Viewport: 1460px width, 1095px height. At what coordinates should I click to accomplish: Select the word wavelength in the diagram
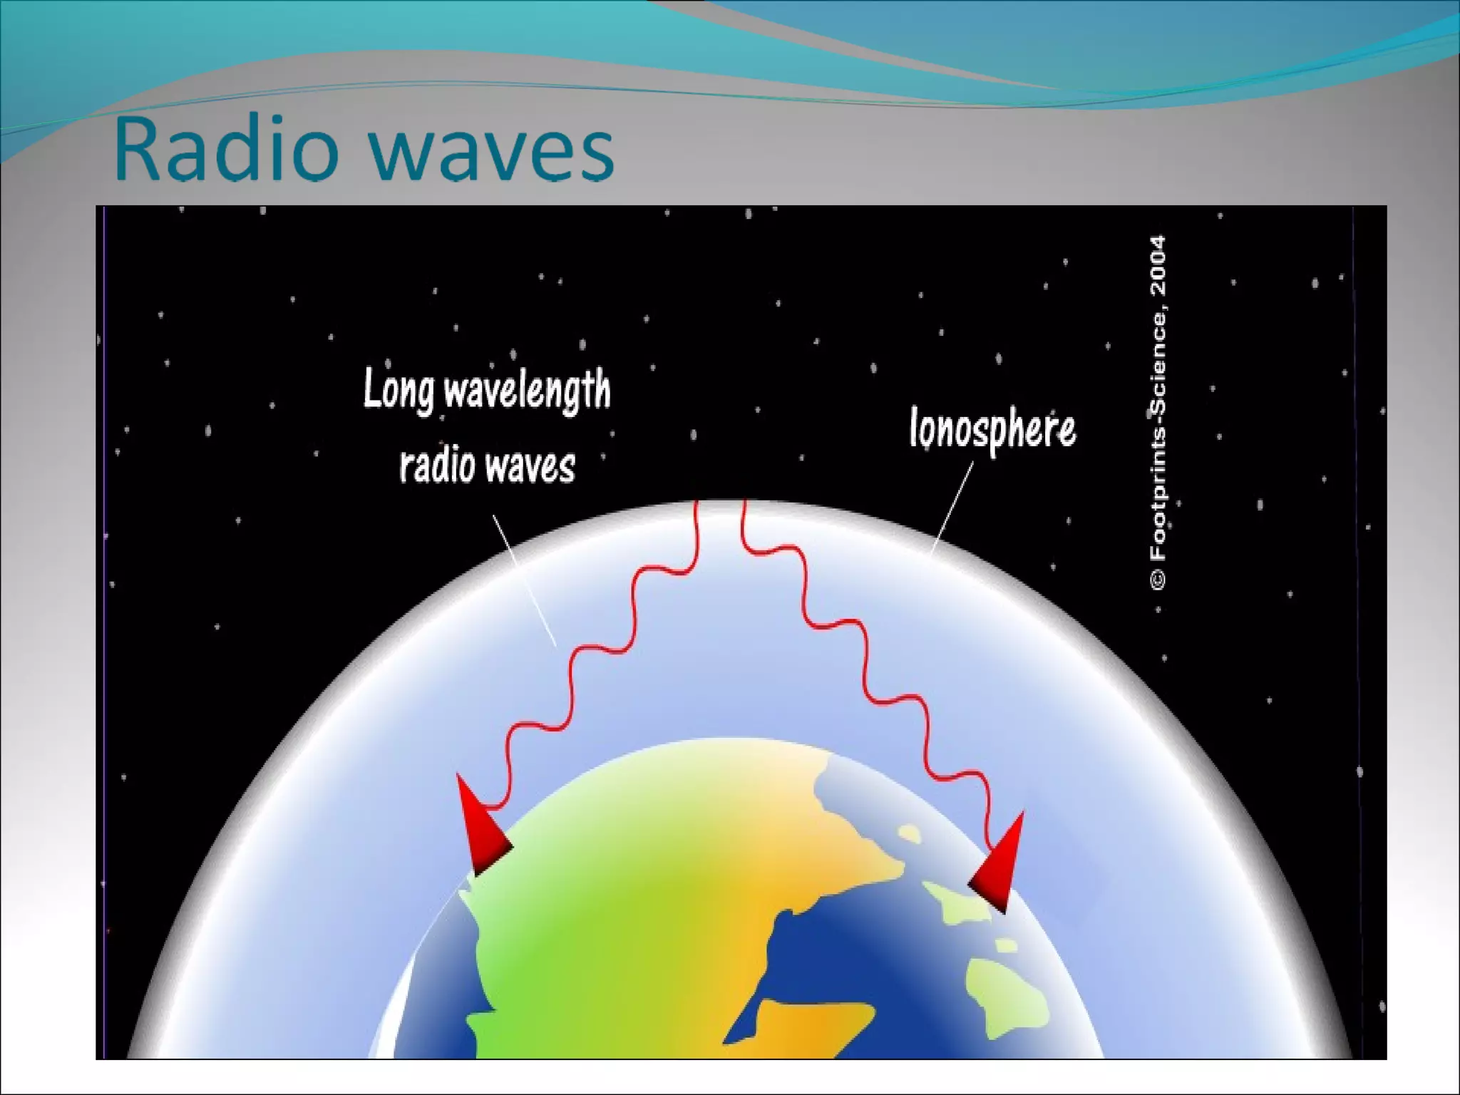point(528,391)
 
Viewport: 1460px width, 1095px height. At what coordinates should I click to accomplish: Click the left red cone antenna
point(479,831)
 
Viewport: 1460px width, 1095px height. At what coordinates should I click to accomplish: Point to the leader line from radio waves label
point(524,580)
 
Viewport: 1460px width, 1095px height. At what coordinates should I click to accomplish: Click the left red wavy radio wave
point(599,642)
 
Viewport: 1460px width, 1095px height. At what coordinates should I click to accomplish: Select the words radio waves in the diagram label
point(487,467)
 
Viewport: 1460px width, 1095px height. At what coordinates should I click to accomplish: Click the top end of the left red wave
point(697,505)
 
